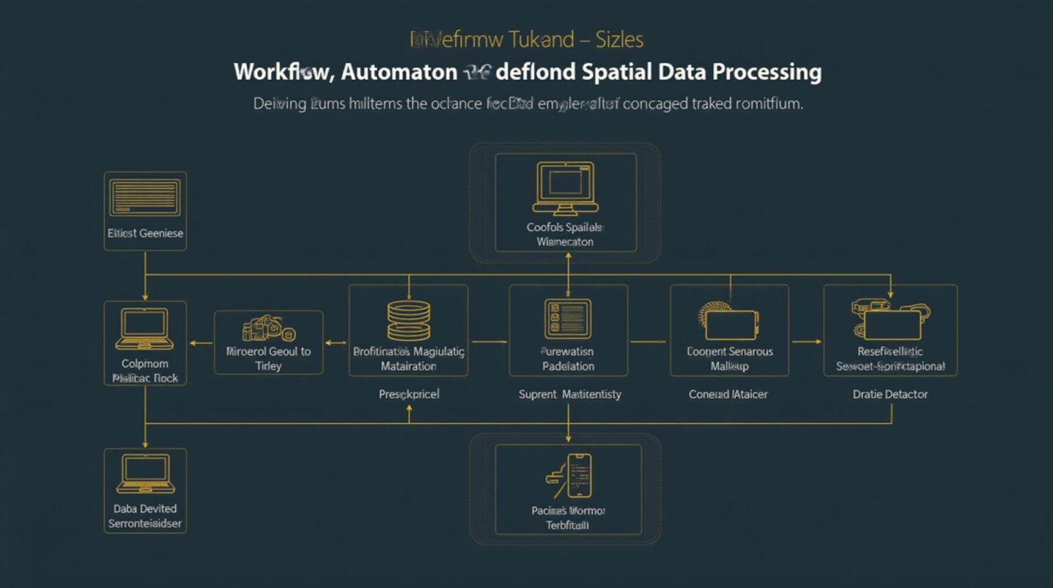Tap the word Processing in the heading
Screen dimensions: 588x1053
766,72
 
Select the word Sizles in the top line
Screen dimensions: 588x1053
619,40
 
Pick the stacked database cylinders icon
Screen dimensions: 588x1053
409,321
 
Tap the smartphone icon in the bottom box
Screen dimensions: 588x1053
578,476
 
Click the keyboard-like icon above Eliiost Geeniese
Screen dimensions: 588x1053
145,197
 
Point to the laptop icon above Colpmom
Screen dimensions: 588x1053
145,329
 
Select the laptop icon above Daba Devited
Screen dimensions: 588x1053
145,474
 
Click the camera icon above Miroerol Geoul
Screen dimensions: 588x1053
268,328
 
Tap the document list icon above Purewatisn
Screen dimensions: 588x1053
568,319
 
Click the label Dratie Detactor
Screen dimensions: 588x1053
890,394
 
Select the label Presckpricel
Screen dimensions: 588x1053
409,394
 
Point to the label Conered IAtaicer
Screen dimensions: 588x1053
728,394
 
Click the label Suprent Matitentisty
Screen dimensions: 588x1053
570,394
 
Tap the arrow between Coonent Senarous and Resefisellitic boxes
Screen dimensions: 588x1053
806,341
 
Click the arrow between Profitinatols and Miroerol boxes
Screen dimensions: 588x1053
336,342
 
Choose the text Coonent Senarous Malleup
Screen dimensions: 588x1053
729,358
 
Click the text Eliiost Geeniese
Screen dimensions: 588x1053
145,233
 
